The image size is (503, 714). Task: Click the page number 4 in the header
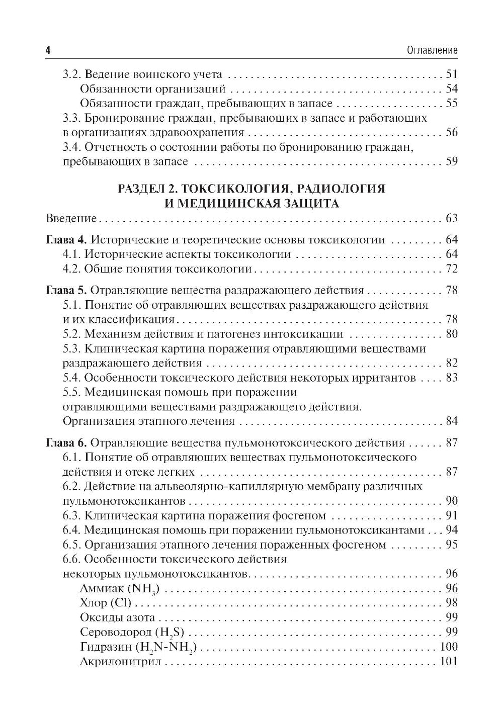coord(48,50)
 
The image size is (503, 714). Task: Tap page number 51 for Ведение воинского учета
coord(451,75)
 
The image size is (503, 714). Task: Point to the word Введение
coord(71,218)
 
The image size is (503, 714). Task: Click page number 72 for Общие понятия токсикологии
coord(451,269)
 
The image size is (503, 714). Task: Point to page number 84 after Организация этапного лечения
coord(451,421)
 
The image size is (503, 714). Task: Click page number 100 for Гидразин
coord(448,647)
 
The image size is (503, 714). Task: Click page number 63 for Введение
coord(451,218)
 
